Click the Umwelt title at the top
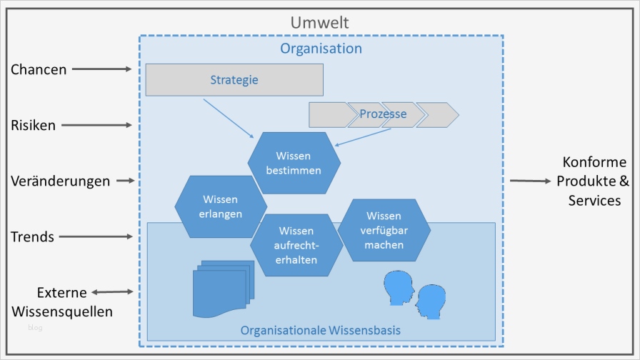point(319,23)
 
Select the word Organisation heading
point(321,49)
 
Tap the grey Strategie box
point(234,80)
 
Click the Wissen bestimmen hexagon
point(294,163)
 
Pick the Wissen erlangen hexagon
point(221,206)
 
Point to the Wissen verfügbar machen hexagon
point(384,230)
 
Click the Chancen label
point(39,69)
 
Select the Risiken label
point(33,125)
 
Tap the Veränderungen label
point(60,181)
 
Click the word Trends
point(33,236)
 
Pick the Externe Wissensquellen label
point(61,302)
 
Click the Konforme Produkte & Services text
point(594,181)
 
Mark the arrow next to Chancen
point(102,69)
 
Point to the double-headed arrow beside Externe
point(113,291)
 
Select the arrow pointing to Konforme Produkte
point(530,181)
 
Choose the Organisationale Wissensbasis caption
point(320,330)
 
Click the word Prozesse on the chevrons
point(383,114)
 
